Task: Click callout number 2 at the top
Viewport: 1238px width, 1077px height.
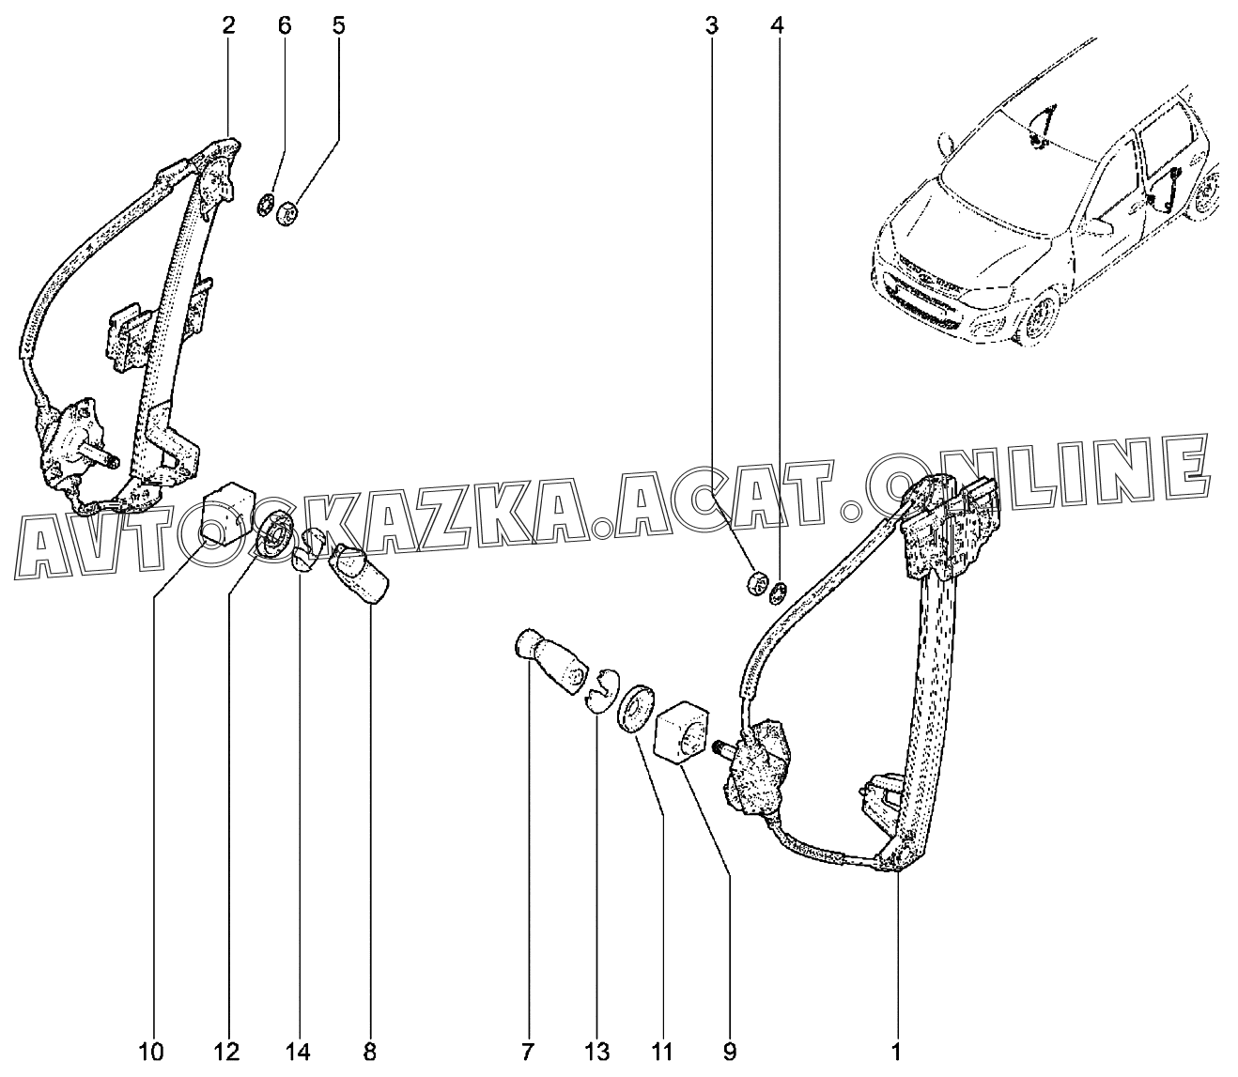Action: pyautogui.click(x=228, y=26)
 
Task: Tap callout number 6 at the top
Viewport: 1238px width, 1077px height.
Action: pyautogui.click(x=285, y=26)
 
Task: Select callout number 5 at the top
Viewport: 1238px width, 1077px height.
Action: pyautogui.click(x=338, y=26)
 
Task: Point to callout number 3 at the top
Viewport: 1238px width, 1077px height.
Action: pyautogui.click(x=713, y=26)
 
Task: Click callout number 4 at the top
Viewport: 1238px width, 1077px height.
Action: pyautogui.click(x=776, y=26)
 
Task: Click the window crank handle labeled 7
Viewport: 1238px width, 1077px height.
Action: pyautogui.click(x=549, y=661)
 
